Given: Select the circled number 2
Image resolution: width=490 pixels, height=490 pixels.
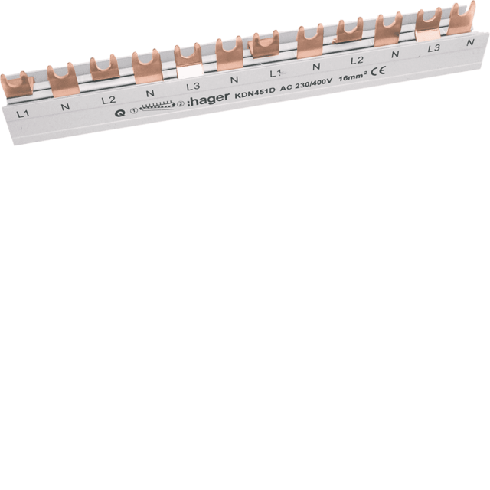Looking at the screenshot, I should click(x=180, y=105).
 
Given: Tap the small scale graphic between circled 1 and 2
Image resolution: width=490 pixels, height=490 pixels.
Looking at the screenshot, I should click(x=156, y=108).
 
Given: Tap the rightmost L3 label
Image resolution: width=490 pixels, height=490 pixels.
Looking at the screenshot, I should click(x=434, y=47).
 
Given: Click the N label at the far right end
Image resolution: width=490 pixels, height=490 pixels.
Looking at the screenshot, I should click(x=469, y=43).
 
